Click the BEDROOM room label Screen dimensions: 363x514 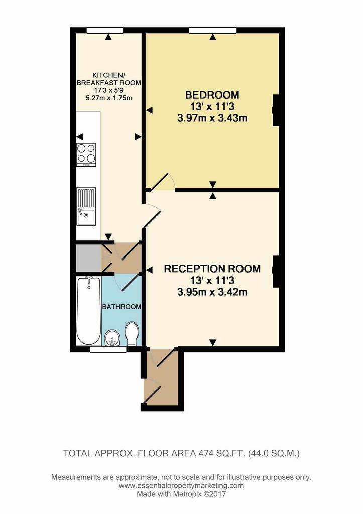click(x=212, y=95)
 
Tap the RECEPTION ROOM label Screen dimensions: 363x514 click(x=212, y=269)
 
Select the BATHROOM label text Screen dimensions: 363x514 click(x=122, y=307)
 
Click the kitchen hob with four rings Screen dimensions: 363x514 click(x=86, y=154)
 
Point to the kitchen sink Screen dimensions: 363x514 click(x=86, y=206)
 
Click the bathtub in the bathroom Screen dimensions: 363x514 click(x=89, y=311)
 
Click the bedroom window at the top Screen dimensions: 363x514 click(x=212, y=30)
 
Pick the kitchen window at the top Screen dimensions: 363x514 click(x=105, y=30)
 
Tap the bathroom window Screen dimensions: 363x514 click(x=108, y=349)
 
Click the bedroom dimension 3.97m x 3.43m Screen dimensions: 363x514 click(x=212, y=118)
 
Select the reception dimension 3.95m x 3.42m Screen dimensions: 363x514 click(x=212, y=292)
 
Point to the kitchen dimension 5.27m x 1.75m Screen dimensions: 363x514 click(x=109, y=98)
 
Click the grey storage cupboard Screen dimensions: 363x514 click(x=88, y=258)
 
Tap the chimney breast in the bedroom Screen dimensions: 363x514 click(x=276, y=110)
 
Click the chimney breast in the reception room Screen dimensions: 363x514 click(x=276, y=272)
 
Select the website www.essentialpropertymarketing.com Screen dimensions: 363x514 click(x=181, y=485)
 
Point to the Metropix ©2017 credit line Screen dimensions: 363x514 click(x=181, y=494)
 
